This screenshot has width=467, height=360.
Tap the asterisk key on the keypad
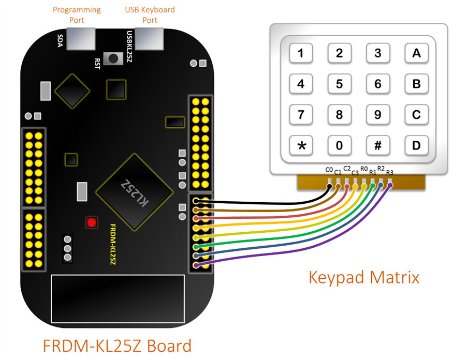pyautogui.click(x=301, y=145)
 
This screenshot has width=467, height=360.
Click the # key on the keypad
pyautogui.click(x=378, y=145)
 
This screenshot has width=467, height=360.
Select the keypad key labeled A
pyautogui.click(x=416, y=53)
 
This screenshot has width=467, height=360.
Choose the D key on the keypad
pyautogui.click(x=416, y=145)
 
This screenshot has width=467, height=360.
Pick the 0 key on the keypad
pyautogui.click(x=340, y=145)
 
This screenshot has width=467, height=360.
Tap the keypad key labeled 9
pyautogui.click(x=378, y=114)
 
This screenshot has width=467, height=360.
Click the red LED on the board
pyautogui.click(x=92, y=222)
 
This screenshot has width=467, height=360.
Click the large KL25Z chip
pyautogui.click(x=134, y=191)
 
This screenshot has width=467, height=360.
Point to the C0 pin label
pyautogui.click(x=329, y=170)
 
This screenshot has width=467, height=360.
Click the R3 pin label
pyautogui.click(x=389, y=173)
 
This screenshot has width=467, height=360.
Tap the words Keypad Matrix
pyautogui.click(x=364, y=277)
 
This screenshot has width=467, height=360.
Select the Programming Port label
pyautogui.click(x=77, y=15)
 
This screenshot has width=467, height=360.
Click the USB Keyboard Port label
pyautogui.click(x=150, y=15)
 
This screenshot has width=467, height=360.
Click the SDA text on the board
pyautogui.click(x=60, y=39)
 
